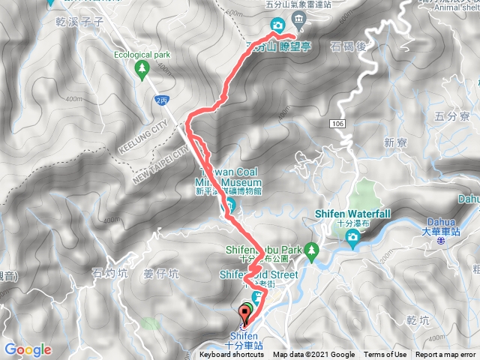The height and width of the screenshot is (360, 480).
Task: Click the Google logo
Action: pos(28,349)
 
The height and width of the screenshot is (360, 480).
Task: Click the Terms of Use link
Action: pos(385,355)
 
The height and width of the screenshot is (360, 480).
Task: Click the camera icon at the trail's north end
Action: pos(277,26)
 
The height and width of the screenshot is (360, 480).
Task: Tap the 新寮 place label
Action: pos(394,142)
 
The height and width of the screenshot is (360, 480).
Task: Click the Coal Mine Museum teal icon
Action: pos(231,203)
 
